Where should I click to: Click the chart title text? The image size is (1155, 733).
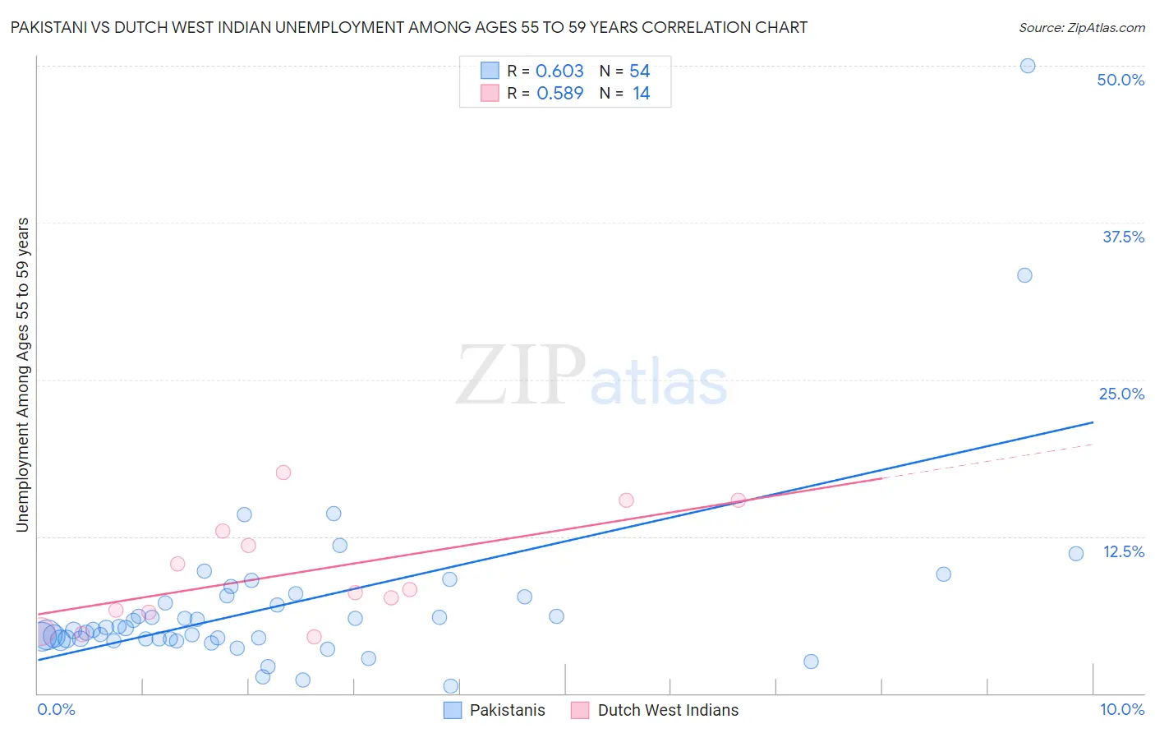[x=408, y=27]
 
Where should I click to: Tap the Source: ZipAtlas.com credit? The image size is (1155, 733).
[x=1081, y=27]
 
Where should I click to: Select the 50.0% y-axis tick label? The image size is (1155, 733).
[x=1120, y=80]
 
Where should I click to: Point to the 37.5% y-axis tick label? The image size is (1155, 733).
[x=1123, y=237]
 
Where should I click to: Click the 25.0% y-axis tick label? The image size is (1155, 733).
[x=1121, y=394]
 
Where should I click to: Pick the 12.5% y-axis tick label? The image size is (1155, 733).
[x=1123, y=551]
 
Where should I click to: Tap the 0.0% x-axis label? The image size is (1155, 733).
[x=56, y=709]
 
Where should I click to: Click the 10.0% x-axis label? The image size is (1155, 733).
[x=1121, y=709]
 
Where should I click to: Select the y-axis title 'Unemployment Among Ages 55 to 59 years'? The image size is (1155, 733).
[x=22, y=375]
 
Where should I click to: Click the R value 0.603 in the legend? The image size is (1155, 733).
[x=559, y=71]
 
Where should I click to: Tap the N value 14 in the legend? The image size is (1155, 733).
[x=641, y=93]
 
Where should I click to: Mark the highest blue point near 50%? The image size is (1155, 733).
[x=1027, y=66]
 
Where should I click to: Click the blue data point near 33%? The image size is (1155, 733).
[x=1024, y=275]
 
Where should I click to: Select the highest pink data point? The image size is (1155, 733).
[x=283, y=473]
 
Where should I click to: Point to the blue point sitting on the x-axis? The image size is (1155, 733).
[x=450, y=686]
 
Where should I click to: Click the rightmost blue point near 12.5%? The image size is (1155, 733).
[x=1076, y=554]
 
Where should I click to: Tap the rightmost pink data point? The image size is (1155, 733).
[x=738, y=500]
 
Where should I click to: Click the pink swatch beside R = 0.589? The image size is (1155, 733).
[x=490, y=93]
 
